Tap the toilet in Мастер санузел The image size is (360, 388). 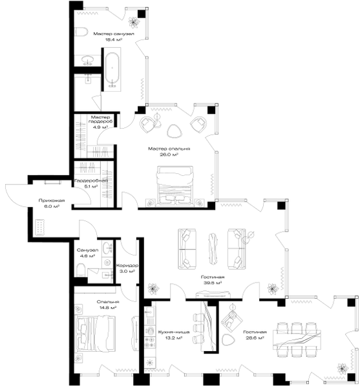pyautogui.click(x=81, y=32)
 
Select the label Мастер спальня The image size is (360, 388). pyautogui.click(x=169, y=149)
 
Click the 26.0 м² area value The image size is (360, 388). pyautogui.click(x=169, y=155)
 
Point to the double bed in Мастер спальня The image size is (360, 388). pyautogui.click(x=175, y=186)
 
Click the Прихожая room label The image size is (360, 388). pyautogui.click(x=52, y=200)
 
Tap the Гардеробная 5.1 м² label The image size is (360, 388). pyautogui.click(x=91, y=184)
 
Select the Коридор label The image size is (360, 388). pyautogui.click(x=127, y=266)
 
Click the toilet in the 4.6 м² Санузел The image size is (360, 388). pyautogui.click(x=81, y=270)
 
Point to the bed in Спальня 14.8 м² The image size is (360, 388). pyautogui.click(x=95, y=333)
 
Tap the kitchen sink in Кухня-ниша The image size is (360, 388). pyautogui.click(x=149, y=313)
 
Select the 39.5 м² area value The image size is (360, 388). pyautogui.click(x=213, y=283)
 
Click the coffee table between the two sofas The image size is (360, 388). pyautogui.click(x=213, y=248)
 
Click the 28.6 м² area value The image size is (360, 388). pyautogui.click(x=255, y=338)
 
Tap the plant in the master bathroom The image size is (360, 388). pyautogui.click(x=134, y=22)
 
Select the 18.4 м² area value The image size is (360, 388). pyautogui.click(x=114, y=39)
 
